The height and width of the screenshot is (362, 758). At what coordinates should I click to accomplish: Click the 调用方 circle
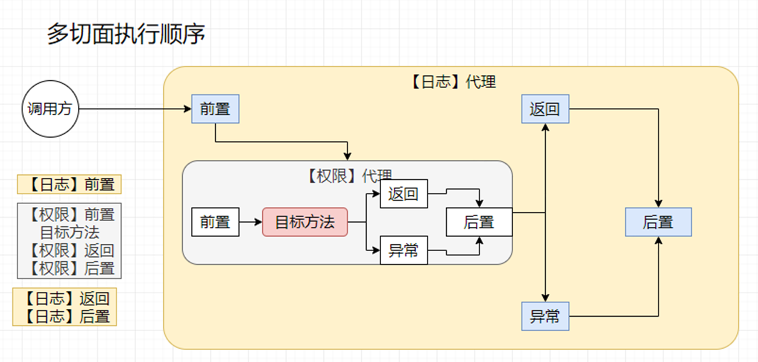(x=51, y=109)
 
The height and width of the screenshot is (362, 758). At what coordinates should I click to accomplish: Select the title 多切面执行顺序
(x=126, y=34)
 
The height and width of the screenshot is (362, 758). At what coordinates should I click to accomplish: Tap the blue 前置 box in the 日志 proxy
(x=215, y=109)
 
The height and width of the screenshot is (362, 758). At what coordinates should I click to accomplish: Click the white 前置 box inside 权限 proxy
(x=215, y=222)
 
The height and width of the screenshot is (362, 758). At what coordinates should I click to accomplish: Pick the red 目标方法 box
(x=305, y=222)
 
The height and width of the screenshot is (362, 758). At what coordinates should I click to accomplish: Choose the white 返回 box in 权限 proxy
(x=403, y=194)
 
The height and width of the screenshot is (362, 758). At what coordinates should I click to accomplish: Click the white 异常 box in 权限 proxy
(x=403, y=250)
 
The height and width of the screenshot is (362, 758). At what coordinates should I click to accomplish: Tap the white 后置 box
(x=479, y=222)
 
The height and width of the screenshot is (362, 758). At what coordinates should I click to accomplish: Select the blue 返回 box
(x=545, y=109)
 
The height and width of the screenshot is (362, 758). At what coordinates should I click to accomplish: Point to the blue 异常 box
(x=545, y=316)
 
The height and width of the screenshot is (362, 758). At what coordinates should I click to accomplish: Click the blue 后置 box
(x=658, y=222)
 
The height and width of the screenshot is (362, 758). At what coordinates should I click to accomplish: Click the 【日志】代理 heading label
(x=452, y=82)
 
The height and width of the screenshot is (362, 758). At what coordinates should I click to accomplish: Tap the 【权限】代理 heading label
(x=348, y=176)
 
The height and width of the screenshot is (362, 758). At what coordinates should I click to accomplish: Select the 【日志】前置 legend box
(x=69, y=184)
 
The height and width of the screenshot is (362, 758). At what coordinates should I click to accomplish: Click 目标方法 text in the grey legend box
(x=69, y=232)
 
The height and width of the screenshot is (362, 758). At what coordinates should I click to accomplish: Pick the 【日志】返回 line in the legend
(x=65, y=298)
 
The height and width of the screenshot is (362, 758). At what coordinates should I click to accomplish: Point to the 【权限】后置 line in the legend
(x=70, y=268)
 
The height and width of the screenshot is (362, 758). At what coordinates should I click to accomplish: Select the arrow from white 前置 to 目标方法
(x=250, y=222)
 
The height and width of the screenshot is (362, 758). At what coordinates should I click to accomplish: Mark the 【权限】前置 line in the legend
(x=70, y=214)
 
